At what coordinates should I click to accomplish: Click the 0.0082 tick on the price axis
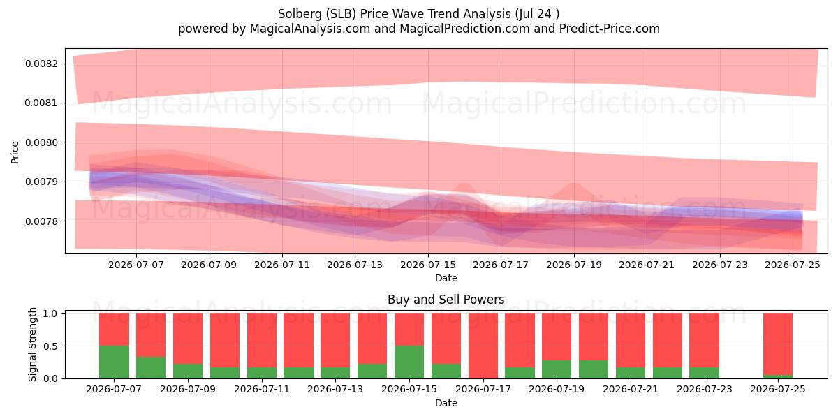pyautogui.click(x=42, y=64)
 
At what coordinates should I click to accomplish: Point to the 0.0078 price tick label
pyautogui.click(x=42, y=221)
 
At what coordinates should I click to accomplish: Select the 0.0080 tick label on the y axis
pyautogui.click(x=42, y=142)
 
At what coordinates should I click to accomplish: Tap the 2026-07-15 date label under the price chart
pyautogui.click(x=428, y=265)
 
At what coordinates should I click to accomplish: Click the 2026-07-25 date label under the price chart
pyautogui.click(x=793, y=265)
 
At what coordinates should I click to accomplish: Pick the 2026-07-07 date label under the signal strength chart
pyautogui.click(x=114, y=389)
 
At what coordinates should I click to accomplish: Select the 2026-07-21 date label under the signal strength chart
pyautogui.click(x=631, y=389)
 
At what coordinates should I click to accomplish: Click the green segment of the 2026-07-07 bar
pyautogui.click(x=114, y=362)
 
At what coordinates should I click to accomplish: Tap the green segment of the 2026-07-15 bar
pyautogui.click(x=409, y=362)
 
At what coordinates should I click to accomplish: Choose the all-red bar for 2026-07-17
pyautogui.click(x=483, y=346)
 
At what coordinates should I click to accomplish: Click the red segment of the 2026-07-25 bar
pyautogui.click(x=778, y=344)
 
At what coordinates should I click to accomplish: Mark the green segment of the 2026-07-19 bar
pyautogui.click(x=557, y=369)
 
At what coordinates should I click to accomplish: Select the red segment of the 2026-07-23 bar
pyautogui.click(x=705, y=340)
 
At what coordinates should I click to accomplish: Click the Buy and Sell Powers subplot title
pyautogui.click(x=446, y=300)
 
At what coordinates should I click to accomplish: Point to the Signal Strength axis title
pyautogui.click(x=33, y=344)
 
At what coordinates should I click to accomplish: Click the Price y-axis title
pyautogui.click(x=15, y=152)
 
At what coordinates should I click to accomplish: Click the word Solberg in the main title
pyautogui.click(x=300, y=14)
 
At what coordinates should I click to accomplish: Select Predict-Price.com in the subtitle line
pyautogui.click(x=610, y=29)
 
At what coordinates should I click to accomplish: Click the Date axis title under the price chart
pyautogui.click(x=446, y=278)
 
